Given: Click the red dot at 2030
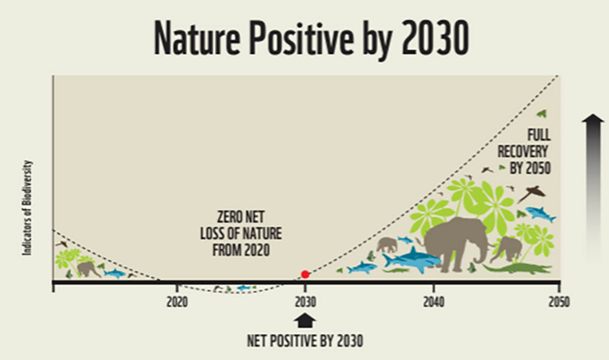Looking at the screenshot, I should (x=305, y=274).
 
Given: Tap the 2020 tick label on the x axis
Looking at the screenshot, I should (x=177, y=302).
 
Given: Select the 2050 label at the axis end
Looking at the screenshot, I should (x=558, y=302).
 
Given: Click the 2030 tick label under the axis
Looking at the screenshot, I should (x=305, y=302).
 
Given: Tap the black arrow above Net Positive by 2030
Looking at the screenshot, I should (x=305, y=321).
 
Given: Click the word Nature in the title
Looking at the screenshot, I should (x=199, y=40).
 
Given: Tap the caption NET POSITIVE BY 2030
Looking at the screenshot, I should (x=305, y=341).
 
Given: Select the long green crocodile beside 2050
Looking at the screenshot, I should (x=518, y=269).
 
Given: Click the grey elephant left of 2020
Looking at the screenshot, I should (x=89, y=268).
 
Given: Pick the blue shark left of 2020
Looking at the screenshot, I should (x=114, y=273).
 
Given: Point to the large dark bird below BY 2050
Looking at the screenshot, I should (x=532, y=193).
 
